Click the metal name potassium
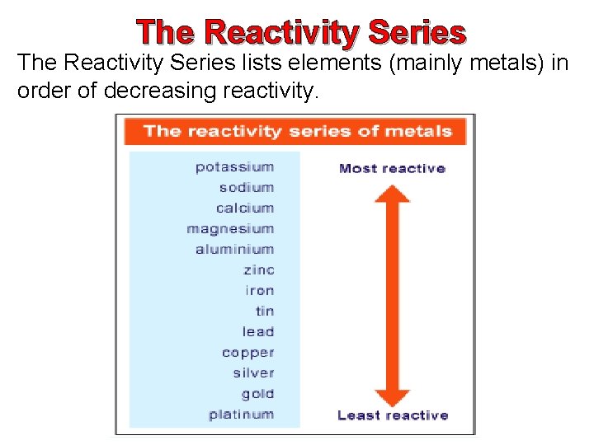point(234,167)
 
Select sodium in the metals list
point(246,188)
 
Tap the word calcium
point(245,208)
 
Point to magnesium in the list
point(230,229)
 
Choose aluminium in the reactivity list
point(234,250)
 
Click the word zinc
point(258,270)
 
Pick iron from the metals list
point(259,291)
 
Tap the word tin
point(264,311)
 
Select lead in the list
point(257,332)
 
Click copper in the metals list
point(247,353)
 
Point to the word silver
point(252,373)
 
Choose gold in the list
point(257,394)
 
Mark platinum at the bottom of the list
point(241,415)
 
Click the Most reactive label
point(392,169)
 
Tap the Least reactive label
point(393,415)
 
